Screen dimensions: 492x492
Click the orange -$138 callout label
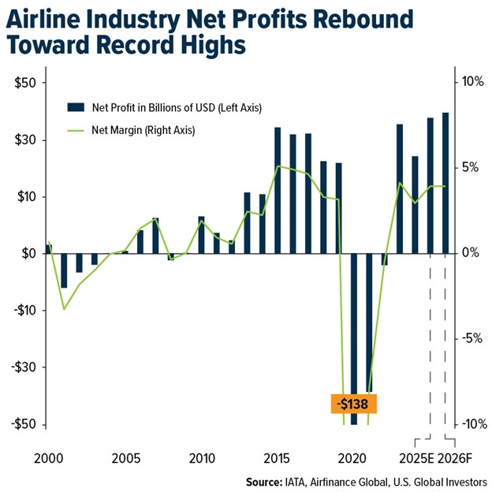click(x=354, y=404)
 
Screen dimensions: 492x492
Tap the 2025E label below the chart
click(x=416, y=457)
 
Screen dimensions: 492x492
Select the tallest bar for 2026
click(x=445, y=183)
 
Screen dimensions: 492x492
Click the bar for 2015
click(x=278, y=190)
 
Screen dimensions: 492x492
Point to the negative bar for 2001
click(x=64, y=270)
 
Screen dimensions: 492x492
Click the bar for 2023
click(x=400, y=189)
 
